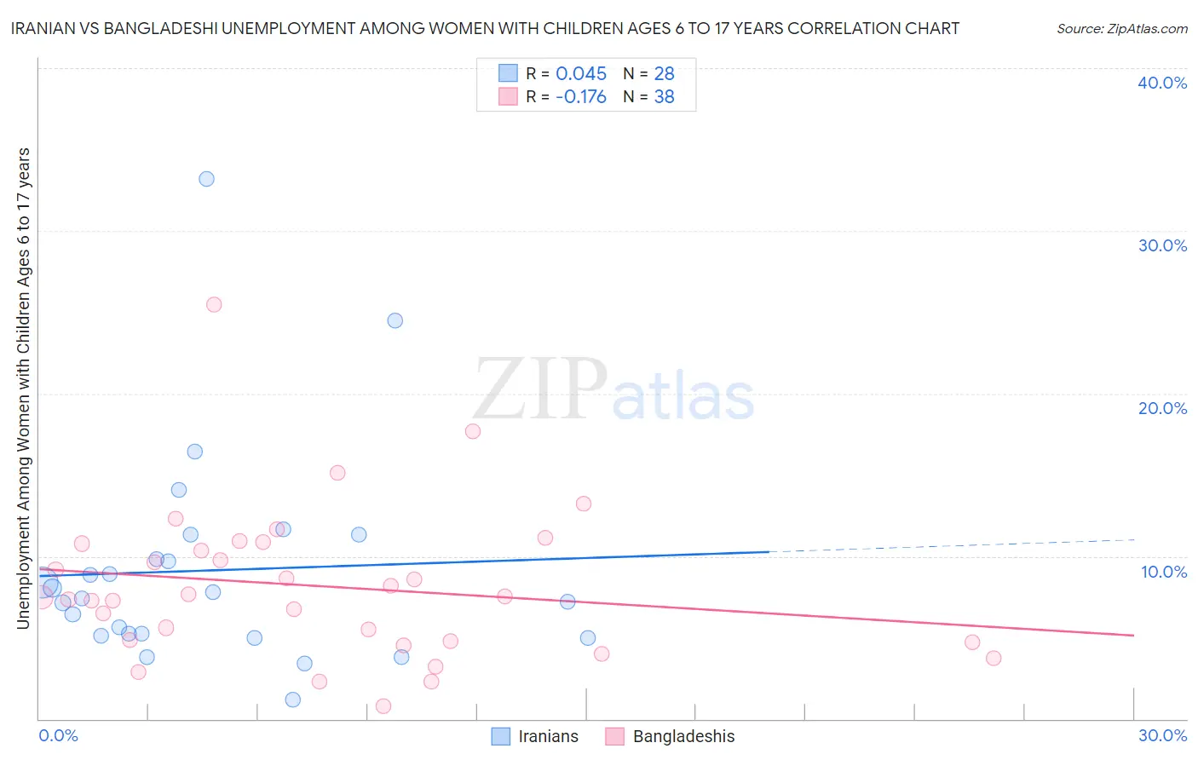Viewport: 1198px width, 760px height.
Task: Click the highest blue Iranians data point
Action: point(206,179)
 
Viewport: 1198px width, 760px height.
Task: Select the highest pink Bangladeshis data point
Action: point(214,304)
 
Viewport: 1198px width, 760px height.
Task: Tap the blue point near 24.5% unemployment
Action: point(395,320)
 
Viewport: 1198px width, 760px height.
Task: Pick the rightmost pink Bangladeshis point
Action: point(993,658)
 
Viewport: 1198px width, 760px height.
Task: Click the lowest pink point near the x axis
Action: point(383,705)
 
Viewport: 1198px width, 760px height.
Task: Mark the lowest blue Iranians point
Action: point(292,700)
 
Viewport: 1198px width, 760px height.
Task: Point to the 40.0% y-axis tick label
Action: point(1162,83)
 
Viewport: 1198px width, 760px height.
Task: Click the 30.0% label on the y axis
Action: point(1162,245)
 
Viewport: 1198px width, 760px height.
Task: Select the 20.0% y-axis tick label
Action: point(1162,408)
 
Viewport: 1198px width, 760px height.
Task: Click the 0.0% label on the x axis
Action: point(58,735)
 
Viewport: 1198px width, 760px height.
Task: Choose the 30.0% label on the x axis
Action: point(1162,735)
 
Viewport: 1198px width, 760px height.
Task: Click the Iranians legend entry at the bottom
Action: point(548,736)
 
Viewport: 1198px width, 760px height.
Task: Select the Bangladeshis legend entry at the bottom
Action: point(683,736)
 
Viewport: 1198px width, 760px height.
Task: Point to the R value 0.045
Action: point(581,74)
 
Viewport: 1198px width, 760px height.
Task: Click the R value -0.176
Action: point(581,97)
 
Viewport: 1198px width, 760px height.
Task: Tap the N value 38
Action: point(664,97)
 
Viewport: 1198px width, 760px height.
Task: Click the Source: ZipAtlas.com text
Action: point(1121,29)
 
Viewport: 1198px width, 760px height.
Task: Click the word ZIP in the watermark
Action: point(539,390)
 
